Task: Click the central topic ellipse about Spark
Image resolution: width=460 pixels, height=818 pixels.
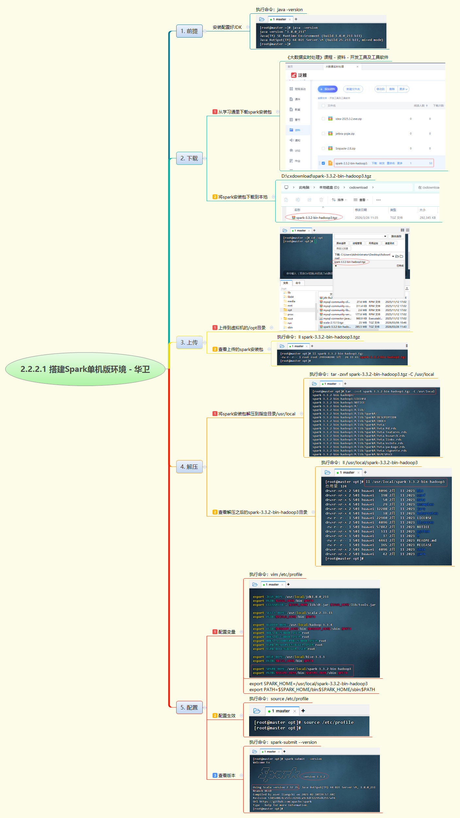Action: (85, 369)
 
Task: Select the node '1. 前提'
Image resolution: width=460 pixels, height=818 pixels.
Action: (189, 31)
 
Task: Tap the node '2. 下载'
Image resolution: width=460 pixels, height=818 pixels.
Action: (189, 158)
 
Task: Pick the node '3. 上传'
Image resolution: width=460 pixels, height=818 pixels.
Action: (189, 342)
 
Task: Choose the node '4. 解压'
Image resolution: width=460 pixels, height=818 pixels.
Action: (189, 467)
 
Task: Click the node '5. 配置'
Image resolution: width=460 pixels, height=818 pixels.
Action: (189, 707)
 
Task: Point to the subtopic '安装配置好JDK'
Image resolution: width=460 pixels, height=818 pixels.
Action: (227, 27)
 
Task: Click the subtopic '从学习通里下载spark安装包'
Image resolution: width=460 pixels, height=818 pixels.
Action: (245, 112)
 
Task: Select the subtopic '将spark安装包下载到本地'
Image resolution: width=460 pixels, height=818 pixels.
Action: (243, 197)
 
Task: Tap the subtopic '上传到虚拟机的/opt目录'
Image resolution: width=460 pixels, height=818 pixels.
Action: (242, 328)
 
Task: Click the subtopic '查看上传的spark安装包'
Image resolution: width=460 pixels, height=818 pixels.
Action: (240, 349)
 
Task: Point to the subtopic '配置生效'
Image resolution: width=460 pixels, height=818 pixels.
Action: (227, 716)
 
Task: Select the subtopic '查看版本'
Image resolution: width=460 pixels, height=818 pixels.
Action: (227, 775)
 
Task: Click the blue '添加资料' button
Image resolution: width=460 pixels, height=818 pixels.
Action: (328, 89)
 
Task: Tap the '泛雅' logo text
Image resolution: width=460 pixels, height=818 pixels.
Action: (302, 75)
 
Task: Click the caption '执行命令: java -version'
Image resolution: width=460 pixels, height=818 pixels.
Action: (279, 10)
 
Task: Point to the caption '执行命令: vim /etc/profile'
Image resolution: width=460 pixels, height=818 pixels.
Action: (276, 574)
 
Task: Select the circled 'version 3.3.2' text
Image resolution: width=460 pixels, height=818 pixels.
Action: (314, 776)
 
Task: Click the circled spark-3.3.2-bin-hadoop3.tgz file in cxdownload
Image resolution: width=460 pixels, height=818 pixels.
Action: (316, 218)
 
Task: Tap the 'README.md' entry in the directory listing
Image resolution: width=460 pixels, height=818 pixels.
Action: (426, 540)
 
